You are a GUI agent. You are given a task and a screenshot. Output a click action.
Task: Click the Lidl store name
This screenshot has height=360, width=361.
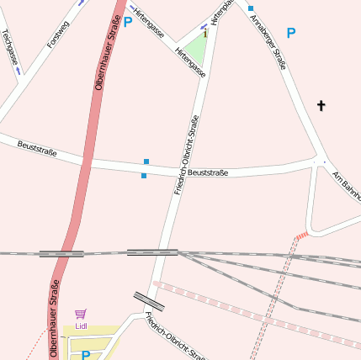(82, 326)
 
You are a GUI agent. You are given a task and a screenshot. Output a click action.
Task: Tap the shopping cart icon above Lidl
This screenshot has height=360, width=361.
(81, 314)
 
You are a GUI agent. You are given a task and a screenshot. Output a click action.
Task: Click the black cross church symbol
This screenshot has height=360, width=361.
(321, 106)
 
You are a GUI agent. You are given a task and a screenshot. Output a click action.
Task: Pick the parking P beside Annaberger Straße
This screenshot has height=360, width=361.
(291, 34)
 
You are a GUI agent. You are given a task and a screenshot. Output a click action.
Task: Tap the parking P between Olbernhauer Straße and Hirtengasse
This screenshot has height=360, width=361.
(128, 22)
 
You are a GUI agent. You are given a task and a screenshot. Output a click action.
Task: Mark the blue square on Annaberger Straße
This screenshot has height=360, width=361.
(251, 8)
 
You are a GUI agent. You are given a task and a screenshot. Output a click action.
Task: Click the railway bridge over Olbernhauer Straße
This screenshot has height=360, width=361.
(61, 252)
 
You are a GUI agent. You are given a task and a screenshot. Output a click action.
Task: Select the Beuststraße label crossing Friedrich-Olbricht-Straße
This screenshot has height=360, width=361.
(208, 172)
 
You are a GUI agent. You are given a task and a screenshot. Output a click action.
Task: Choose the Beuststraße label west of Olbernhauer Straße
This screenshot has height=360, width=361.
(37, 148)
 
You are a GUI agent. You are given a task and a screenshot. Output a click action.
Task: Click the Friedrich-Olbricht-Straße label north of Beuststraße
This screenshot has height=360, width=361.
(186, 155)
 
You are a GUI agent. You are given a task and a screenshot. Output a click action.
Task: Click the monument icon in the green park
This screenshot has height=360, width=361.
(204, 34)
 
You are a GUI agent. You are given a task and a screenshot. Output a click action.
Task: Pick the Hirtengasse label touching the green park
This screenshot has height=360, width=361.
(190, 61)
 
